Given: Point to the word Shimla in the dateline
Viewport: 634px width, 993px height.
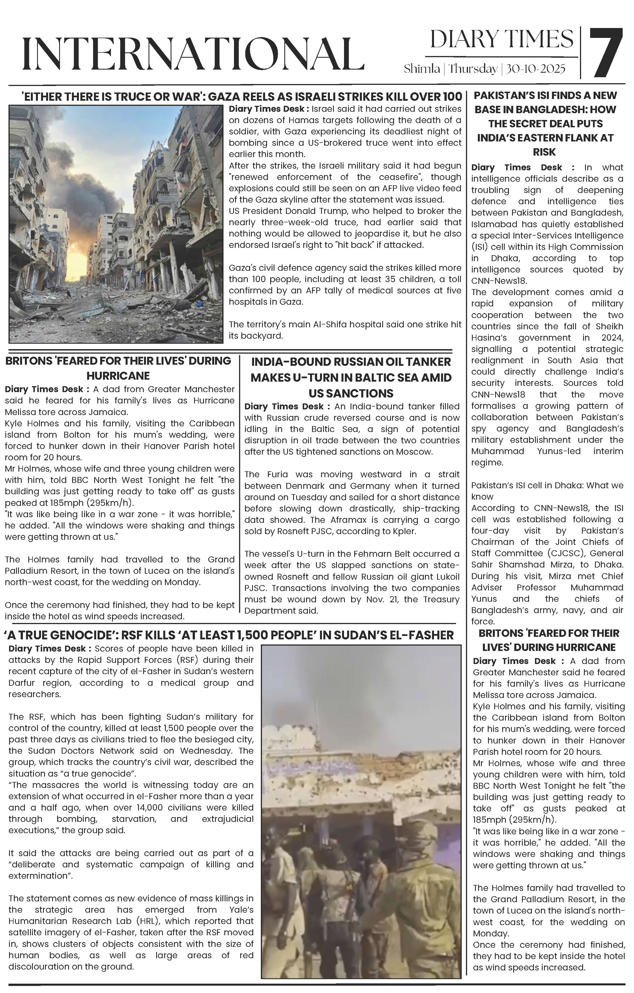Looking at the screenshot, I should coord(422,68).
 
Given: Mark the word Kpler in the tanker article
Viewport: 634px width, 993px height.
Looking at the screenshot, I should coord(403,531).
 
